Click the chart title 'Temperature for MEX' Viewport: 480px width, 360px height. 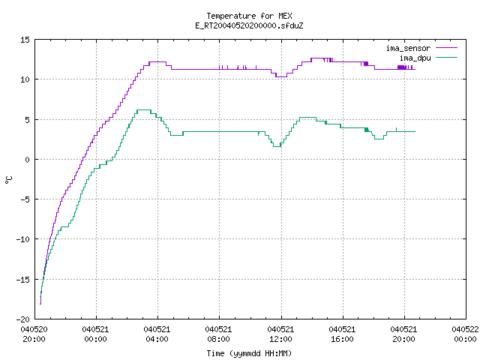(x=249, y=16)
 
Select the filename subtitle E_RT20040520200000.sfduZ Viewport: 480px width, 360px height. (x=249, y=25)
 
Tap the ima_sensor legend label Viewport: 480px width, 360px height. (x=408, y=48)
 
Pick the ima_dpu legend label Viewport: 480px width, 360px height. (x=415, y=58)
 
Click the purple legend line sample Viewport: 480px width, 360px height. (x=447, y=48)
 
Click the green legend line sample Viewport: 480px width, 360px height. (x=447, y=57)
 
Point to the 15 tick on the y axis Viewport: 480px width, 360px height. (x=25, y=40)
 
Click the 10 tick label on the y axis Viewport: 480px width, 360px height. (x=25, y=79)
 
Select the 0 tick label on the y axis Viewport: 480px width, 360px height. (x=27, y=160)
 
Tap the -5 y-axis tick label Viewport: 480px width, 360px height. (x=25, y=199)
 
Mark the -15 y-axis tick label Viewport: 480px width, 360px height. (x=23, y=280)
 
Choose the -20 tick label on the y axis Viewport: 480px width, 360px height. (x=23, y=319)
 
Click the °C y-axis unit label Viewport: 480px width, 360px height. (x=9, y=180)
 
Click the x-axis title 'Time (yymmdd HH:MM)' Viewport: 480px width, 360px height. (x=249, y=353)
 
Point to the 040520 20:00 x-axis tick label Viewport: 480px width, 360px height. (x=34, y=334)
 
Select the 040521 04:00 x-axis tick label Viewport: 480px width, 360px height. (x=157, y=334)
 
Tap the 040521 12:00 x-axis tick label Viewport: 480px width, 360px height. (x=280, y=334)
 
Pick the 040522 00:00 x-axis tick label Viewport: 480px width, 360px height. (x=465, y=334)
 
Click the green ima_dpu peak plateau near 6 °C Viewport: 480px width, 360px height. (x=144, y=110)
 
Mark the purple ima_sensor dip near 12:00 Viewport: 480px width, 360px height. (x=281, y=76)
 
